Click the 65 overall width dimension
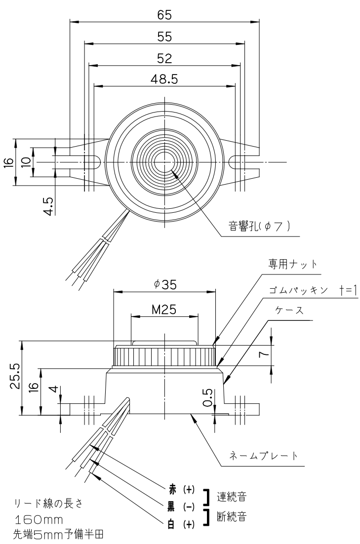point(164,14)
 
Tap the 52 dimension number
point(164,58)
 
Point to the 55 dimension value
point(164,37)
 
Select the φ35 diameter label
point(164,285)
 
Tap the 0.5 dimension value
point(209,397)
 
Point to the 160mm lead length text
point(41,520)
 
